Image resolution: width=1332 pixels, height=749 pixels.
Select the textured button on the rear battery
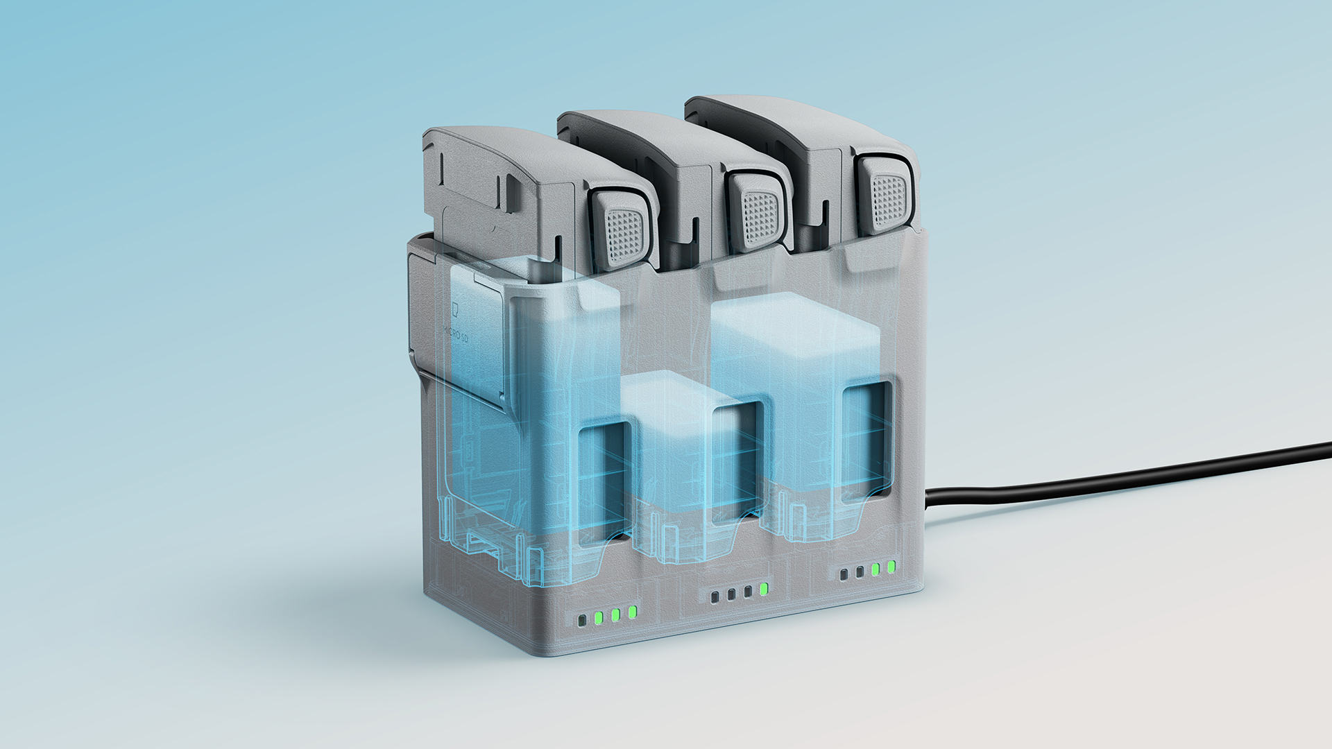coord(889,196)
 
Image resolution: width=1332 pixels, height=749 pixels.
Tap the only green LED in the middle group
coord(764,589)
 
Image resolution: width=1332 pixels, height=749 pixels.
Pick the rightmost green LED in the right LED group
coord(891,567)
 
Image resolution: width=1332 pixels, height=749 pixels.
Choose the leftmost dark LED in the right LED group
coord(844,575)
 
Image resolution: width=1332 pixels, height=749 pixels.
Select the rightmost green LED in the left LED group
coord(633,612)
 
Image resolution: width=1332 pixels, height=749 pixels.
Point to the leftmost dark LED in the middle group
coord(715,596)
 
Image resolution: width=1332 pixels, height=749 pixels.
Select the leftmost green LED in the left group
coord(598,617)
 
